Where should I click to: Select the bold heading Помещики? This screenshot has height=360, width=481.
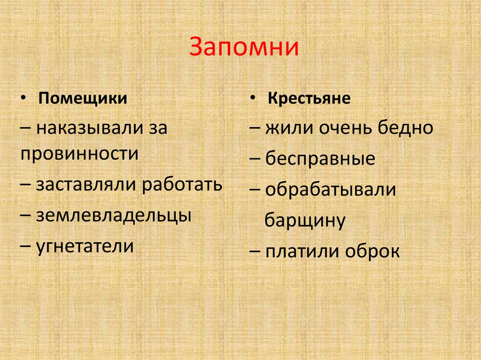coord(83,99)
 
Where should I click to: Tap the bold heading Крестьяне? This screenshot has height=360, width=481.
coord(310,99)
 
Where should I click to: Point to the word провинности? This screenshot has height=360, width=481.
coord(79,153)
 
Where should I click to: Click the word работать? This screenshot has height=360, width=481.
coord(181,184)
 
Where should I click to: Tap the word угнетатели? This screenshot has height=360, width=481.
coord(85,246)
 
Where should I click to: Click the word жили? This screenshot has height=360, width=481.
coord(284,128)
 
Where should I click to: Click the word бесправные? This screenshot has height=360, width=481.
coord(320,159)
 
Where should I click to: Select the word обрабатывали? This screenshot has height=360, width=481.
coord(331,190)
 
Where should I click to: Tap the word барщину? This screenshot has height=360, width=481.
coord(305,220)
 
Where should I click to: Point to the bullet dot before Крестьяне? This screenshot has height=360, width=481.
coord(253,99)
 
